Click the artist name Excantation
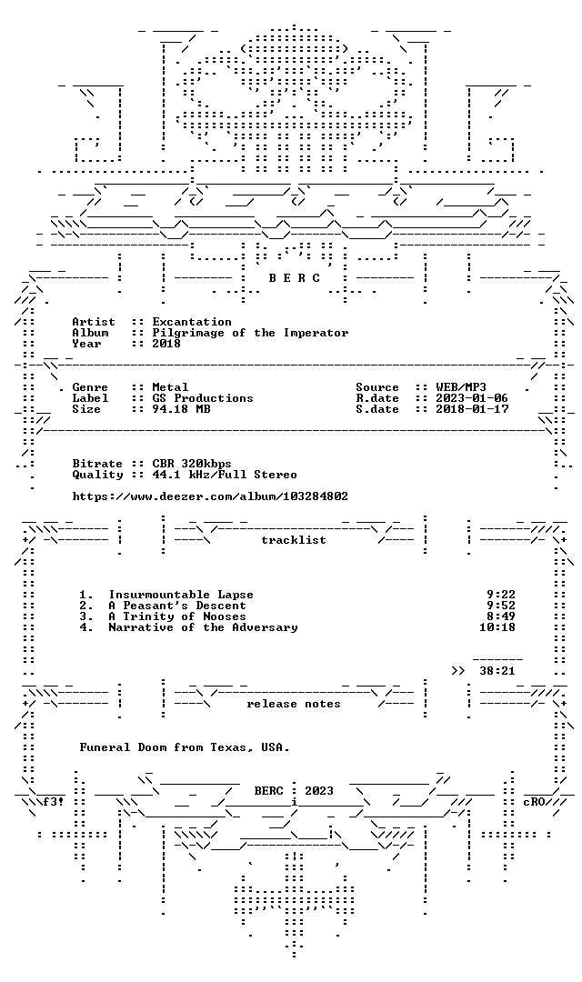[x=192, y=322]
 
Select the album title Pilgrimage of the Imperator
[x=250, y=333]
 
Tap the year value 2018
[x=166, y=343]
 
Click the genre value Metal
[x=170, y=387]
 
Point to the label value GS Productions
[x=203, y=397]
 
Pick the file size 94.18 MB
[x=181, y=409]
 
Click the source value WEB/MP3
[x=461, y=387]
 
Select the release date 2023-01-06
[x=472, y=397]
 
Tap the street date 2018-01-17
[x=472, y=409]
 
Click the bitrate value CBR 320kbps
[x=192, y=464]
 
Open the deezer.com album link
[x=210, y=496]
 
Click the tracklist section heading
[x=294, y=540]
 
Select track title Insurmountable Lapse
[x=181, y=595]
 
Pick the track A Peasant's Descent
[x=177, y=606]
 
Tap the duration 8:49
[x=501, y=616]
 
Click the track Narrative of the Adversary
[x=203, y=626]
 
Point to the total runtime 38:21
[x=497, y=671]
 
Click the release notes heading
[x=294, y=704]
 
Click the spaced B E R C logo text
[x=295, y=278]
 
